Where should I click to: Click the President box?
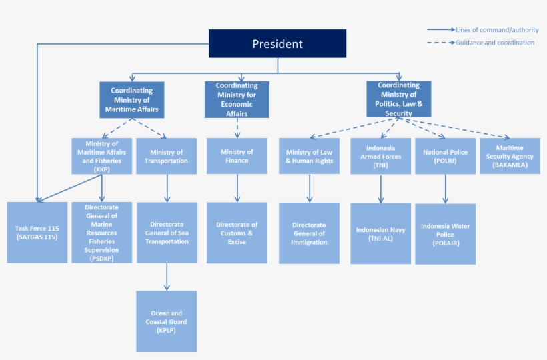coord(278,44)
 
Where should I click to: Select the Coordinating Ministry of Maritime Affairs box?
coord(132,100)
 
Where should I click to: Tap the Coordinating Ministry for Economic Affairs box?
coord(237,100)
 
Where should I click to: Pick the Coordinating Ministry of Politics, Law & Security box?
coord(399,99)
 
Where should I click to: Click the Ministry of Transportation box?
coord(166,156)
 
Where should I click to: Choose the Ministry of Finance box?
coord(237,156)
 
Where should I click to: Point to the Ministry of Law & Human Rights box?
coord(309,156)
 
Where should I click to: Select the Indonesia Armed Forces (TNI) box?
coord(381,156)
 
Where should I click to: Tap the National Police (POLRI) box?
coord(445,156)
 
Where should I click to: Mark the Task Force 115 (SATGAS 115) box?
coord(37,233)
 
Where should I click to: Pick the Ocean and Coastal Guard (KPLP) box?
coord(166,321)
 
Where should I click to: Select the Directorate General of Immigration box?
coord(309,233)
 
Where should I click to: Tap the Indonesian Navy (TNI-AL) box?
coord(381,233)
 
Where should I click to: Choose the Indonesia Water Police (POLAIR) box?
coord(445,234)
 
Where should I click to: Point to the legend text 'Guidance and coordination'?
coord(495,43)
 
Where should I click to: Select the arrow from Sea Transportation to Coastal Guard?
coord(167,277)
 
